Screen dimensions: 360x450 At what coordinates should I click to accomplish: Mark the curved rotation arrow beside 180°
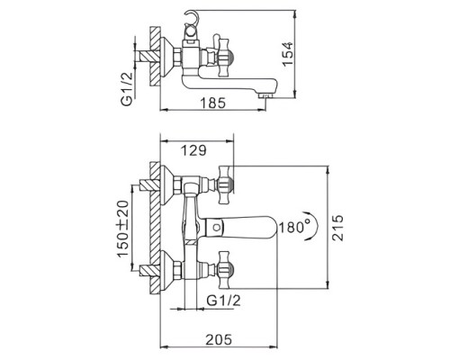310,227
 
